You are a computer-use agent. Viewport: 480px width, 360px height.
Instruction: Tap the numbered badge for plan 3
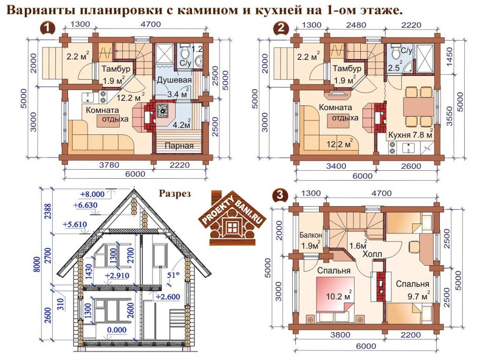pyautogui.click(x=281, y=194)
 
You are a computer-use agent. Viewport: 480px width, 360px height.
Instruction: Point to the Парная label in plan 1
pyautogui.click(x=177, y=145)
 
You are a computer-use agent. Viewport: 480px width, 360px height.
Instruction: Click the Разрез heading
pyautogui.click(x=175, y=193)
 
